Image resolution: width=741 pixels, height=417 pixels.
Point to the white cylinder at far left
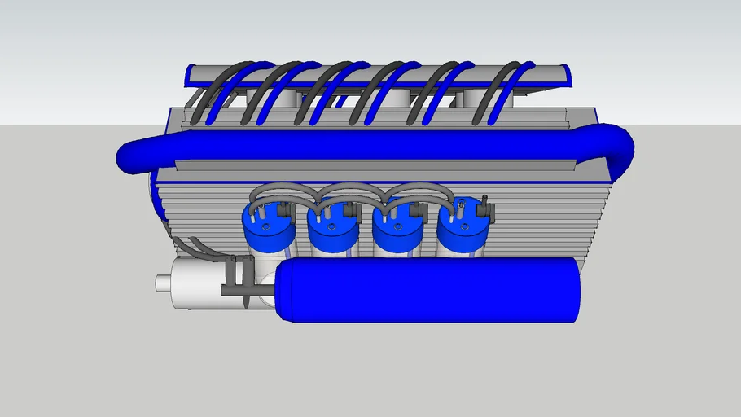(195, 284)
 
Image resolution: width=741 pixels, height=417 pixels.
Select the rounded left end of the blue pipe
(130, 156)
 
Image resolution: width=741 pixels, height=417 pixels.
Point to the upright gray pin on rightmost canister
(484, 201)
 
